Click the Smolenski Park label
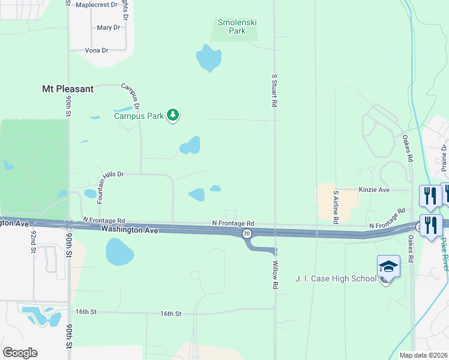pos(237,26)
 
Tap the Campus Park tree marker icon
pos(173,115)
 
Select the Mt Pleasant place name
pos(68,89)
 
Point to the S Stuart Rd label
pos(274,91)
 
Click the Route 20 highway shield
pos(246,233)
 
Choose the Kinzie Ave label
pos(375,190)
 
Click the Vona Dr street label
pos(97,50)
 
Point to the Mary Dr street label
pos(108,28)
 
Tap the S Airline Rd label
pos(336,207)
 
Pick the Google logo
pos(20,353)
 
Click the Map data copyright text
pos(423,355)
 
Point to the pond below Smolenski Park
pos(208,58)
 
